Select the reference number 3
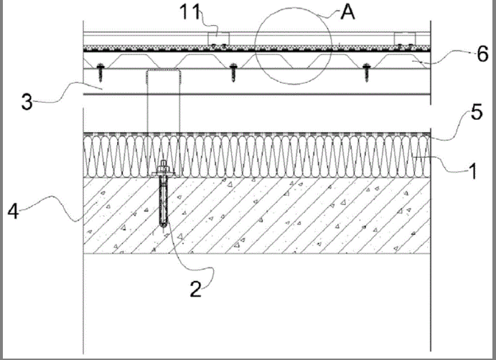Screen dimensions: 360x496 click(x=27, y=100)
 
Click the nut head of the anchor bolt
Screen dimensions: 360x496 click(x=164, y=171)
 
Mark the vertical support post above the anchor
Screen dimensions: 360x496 click(x=162, y=108)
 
